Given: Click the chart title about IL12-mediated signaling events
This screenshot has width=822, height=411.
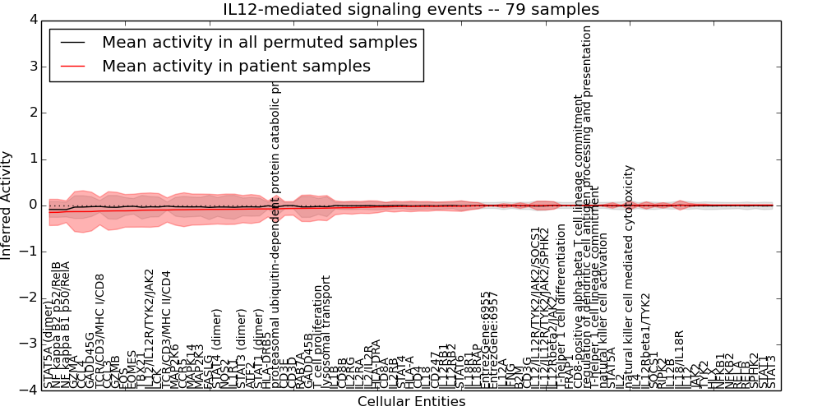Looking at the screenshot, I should coord(411,9).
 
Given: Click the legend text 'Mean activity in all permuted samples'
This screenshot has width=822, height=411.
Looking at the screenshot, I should coord(259,42).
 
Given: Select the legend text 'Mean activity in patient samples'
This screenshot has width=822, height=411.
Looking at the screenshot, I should coord(236,66).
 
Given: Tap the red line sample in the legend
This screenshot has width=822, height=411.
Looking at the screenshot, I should coord(72,66).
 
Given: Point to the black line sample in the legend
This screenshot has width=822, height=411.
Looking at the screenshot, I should coord(72,42).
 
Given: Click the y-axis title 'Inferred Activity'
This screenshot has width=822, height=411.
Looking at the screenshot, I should coord(7,205).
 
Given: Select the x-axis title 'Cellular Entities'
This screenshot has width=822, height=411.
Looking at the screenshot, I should coord(411,402).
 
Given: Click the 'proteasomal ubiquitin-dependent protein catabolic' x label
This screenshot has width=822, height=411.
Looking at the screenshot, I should coord(277,238).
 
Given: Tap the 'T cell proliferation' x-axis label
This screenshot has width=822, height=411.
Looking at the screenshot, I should coord(317,337).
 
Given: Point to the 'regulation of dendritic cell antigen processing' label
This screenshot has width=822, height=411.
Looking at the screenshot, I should coord(587,205).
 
